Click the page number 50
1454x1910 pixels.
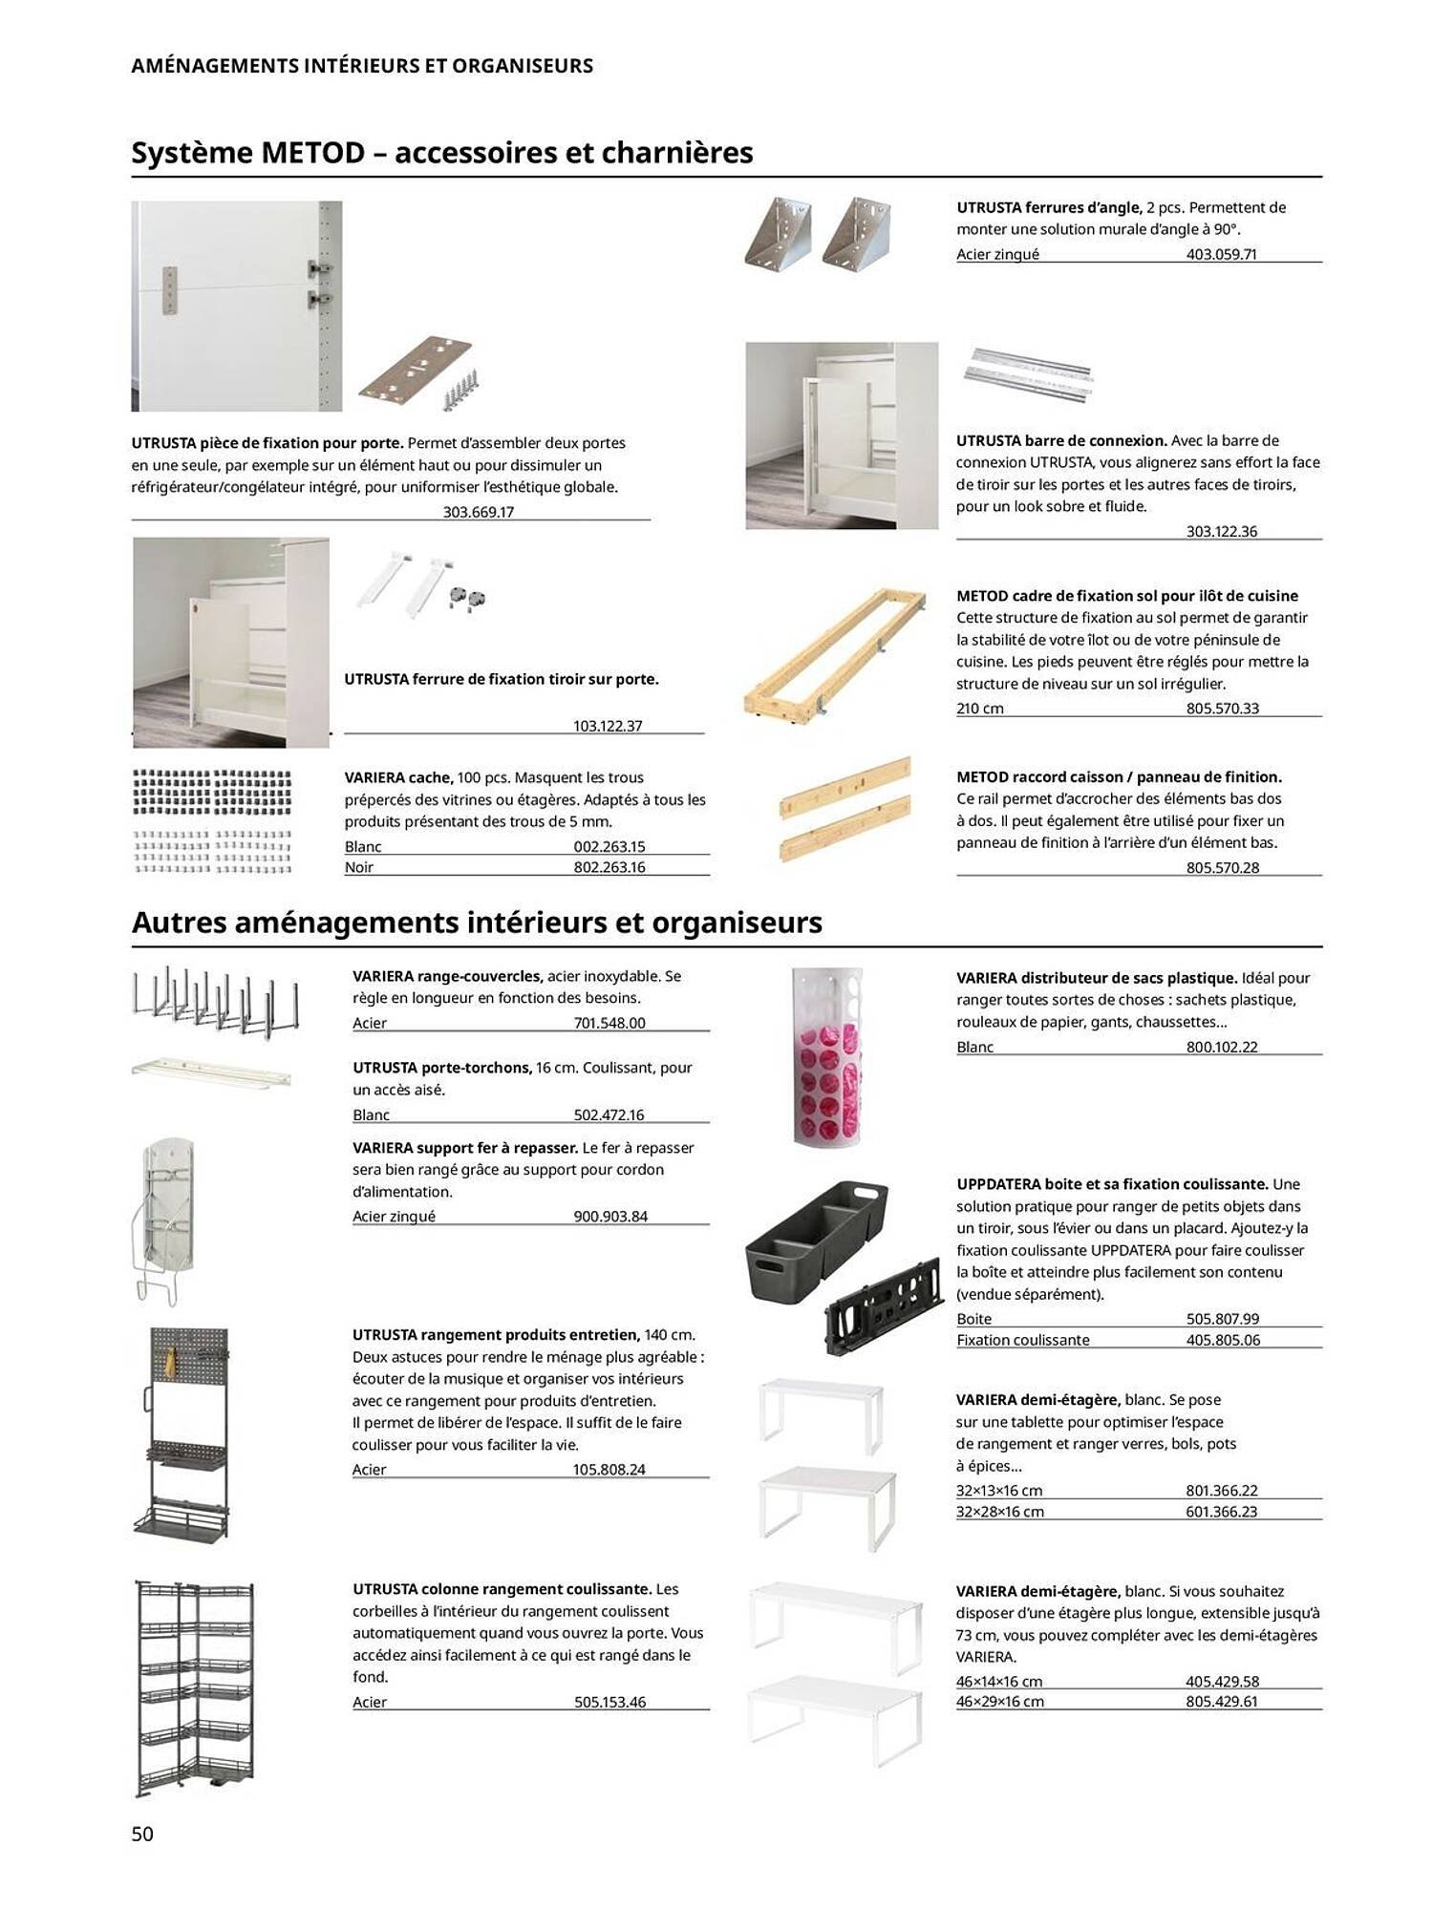click(142, 1833)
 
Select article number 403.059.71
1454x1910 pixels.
click(1221, 254)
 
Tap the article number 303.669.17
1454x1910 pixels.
click(478, 512)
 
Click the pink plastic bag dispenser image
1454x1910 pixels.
click(828, 1056)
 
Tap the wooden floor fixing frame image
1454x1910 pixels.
click(835, 653)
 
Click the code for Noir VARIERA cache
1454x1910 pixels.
click(609, 867)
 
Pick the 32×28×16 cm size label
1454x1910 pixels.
click(999, 1512)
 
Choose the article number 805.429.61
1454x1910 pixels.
click(1221, 1702)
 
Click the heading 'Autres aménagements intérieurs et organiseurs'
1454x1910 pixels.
click(477, 923)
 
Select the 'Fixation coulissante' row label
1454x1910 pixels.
click(1022, 1340)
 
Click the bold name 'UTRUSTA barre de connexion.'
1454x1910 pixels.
click(1061, 441)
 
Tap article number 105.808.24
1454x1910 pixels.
click(609, 1470)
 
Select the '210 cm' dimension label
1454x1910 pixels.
click(979, 709)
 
